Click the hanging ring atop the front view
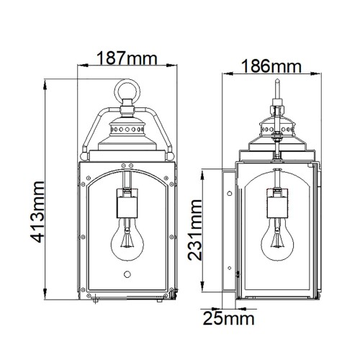[x=128, y=94]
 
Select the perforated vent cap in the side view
[x=276, y=130]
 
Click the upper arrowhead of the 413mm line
[x=46, y=78]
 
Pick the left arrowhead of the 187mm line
[x=81, y=69]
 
